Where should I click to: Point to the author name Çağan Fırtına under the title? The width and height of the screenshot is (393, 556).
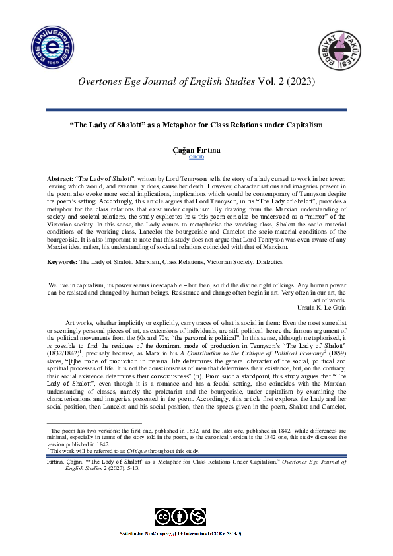196,151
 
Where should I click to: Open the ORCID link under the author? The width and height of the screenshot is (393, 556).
196,158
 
